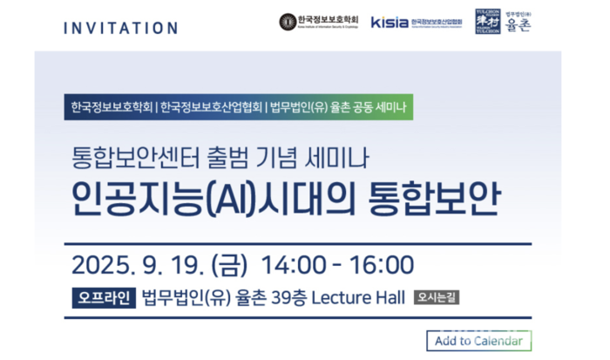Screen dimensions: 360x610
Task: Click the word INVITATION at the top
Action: [120, 27]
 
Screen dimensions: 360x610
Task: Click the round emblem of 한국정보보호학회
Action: [288, 21]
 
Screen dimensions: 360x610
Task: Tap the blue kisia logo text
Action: [390, 21]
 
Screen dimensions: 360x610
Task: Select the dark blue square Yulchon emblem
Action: [487, 20]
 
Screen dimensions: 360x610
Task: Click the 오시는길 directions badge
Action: [437, 297]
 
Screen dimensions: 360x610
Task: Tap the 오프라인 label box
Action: [102, 298]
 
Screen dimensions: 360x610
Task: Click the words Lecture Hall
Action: [357, 298]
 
